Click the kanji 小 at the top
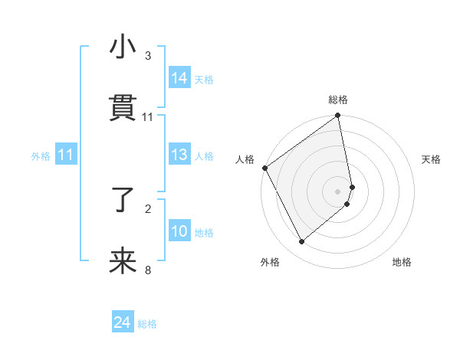[123, 47]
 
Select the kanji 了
[123, 201]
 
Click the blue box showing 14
[179, 78]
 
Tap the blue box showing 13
[179, 155]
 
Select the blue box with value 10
[179, 231]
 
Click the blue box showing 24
[123, 323]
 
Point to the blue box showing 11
[66, 155]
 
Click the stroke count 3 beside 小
[148, 56]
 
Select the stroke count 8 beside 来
[148, 270]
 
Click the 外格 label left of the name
[41, 156]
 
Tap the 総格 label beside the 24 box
[147, 324]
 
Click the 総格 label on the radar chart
[338, 100]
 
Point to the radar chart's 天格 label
[432, 159]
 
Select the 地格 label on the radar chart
[402, 263]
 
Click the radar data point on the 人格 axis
[264, 168]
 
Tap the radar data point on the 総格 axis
[338, 116]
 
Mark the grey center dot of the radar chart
[338, 190]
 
